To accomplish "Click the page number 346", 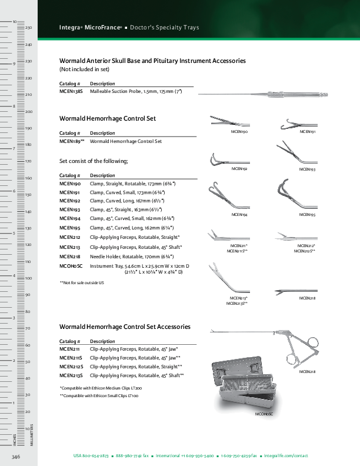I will tap(16, 456).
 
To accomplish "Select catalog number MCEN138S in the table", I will tap(71, 92).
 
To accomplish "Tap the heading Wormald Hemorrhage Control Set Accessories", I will tap(125, 327).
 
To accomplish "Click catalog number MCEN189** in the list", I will tap(72, 141).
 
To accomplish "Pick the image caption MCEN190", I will tap(238, 132).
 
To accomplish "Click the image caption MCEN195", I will tap(307, 215).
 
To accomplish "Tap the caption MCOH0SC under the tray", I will tap(264, 415).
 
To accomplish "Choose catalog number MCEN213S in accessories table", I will tap(71, 375).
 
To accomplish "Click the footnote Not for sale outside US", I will tap(81, 283).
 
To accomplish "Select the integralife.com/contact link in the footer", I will tap(286, 456).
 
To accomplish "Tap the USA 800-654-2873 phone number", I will tap(91, 456).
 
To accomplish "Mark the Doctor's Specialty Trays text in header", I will tap(164, 28).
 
